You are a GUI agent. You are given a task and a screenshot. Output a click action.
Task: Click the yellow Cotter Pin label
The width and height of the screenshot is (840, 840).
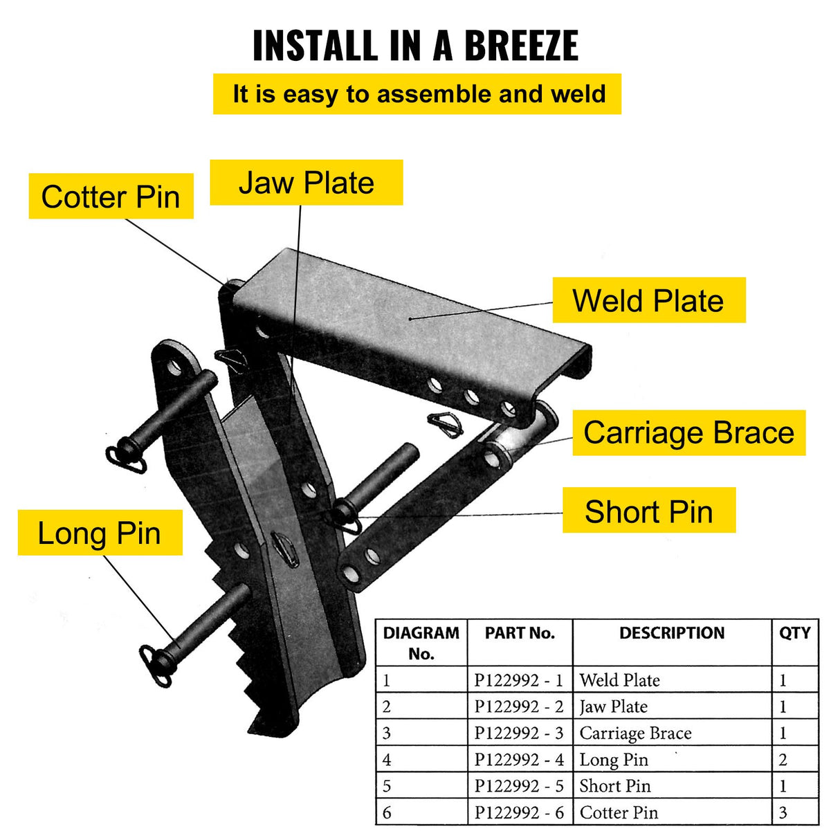111,197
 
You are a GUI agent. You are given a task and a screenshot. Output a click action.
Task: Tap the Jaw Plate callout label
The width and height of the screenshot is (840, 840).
306,183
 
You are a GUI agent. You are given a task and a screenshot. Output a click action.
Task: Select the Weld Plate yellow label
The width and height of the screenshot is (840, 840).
648,300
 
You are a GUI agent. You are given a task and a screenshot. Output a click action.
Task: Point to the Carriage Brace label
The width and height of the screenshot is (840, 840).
688,432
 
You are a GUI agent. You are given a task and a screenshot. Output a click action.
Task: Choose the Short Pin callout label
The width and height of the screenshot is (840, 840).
648,512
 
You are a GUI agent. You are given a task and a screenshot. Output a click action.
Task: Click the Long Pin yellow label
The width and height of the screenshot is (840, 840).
100,533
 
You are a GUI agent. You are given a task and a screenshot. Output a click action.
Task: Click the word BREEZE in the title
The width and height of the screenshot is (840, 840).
520,46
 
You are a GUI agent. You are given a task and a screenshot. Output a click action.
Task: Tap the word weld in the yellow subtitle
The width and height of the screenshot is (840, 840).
578,94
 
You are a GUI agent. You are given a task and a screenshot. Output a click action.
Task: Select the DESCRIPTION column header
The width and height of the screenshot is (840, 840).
671,633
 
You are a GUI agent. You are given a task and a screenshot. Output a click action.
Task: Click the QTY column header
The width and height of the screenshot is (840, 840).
794,633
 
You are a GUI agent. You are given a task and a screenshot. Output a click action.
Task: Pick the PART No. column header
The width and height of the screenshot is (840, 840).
520,633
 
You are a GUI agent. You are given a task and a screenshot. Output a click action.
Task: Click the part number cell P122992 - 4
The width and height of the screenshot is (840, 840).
519,760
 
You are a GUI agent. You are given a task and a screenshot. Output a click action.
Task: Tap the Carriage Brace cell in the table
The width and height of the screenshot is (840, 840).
635,733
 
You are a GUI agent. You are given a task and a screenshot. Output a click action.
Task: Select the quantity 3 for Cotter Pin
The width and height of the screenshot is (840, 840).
783,812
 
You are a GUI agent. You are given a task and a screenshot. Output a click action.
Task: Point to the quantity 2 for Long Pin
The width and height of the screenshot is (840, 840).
783,760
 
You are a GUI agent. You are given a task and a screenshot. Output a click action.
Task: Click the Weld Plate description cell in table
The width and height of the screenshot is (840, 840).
619,680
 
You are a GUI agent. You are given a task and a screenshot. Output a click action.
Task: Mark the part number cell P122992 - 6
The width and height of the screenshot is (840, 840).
519,812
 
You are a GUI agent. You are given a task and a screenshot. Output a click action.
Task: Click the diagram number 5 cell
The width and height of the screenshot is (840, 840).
387,786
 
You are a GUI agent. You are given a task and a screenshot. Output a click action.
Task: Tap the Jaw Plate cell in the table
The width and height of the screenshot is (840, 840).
613,706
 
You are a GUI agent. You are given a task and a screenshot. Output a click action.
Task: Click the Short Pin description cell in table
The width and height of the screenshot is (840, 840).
614,786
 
